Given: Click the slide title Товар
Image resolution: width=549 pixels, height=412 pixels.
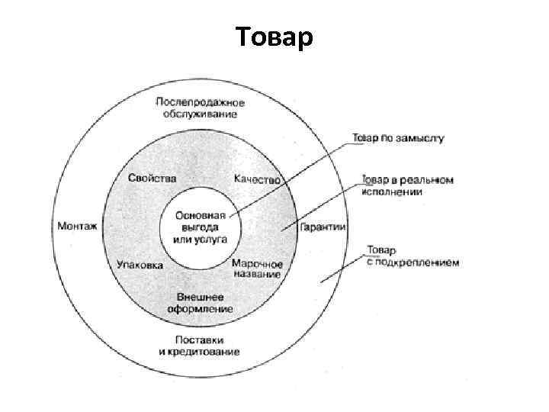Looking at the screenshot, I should tap(274, 37).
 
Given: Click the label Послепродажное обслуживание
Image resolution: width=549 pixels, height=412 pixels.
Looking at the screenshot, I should tap(199, 108).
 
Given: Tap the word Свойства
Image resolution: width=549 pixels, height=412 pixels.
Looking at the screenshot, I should tap(152, 178).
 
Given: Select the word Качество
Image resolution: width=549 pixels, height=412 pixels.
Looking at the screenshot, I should tap(258, 179).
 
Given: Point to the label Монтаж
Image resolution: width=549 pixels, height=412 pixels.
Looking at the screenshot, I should tap(77, 226).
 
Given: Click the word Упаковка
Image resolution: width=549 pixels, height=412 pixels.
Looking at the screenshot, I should tap(140, 266).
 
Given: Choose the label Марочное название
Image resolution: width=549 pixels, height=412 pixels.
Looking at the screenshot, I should tap(257, 269).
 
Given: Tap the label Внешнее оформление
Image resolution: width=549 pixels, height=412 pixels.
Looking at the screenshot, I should tap(200, 302).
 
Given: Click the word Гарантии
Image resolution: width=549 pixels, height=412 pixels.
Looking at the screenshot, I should tap(323, 227).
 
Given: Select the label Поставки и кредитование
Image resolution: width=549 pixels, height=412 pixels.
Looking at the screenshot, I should tap(199, 345).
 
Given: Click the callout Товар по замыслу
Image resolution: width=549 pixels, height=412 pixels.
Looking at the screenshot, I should tap(397, 139).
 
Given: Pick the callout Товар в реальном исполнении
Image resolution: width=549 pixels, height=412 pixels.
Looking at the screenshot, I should tap(407, 186).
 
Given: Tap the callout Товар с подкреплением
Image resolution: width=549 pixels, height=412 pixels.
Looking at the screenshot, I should tap(413, 256).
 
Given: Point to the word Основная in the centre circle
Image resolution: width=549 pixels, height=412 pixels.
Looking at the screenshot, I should tap(200, 216).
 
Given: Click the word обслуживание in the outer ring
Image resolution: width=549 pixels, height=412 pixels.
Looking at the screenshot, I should tap(199, 114).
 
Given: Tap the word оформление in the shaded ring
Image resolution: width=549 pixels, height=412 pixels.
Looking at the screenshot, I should tap(200, 309).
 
